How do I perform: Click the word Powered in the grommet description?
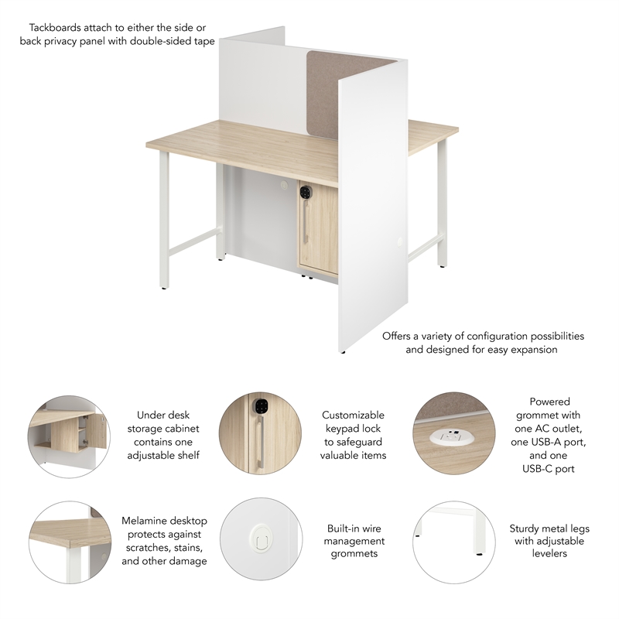pos(549,402)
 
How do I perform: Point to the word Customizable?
pos(353,416)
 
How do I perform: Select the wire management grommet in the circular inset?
pos(258,535)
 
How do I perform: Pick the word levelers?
pos(549,553)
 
